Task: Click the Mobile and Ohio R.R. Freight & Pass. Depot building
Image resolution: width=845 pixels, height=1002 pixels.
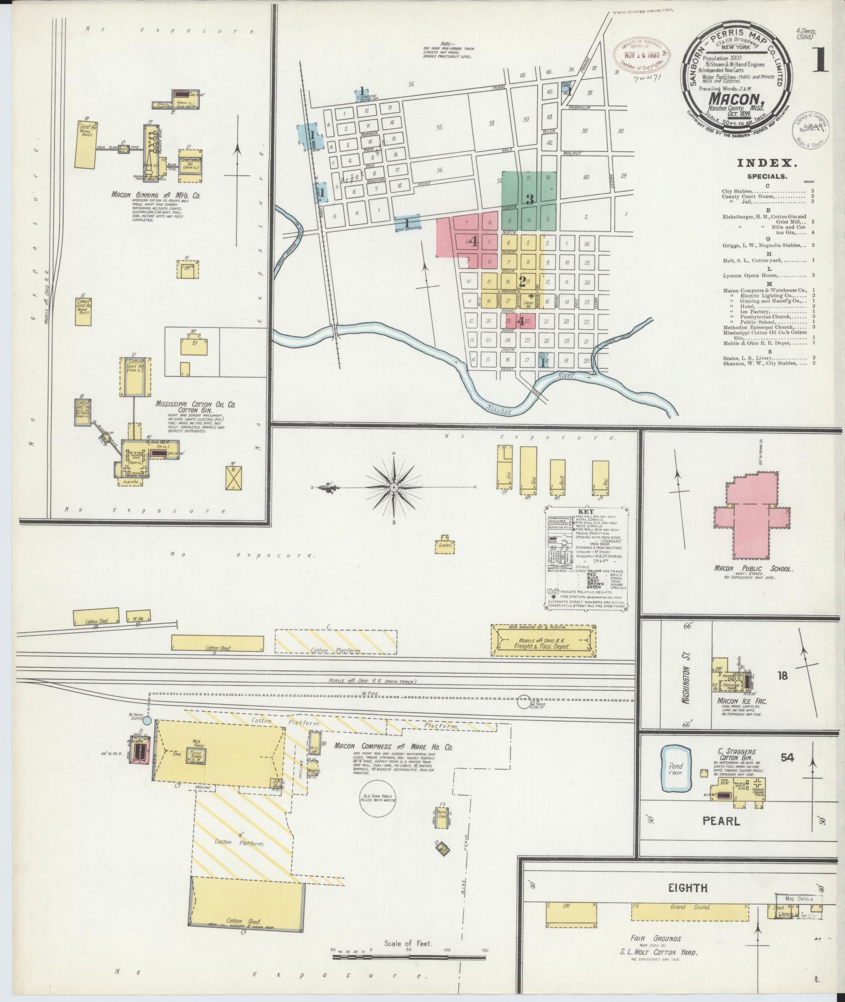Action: [x=543, y=640]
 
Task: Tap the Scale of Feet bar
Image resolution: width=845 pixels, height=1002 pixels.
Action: [x=409, y=956]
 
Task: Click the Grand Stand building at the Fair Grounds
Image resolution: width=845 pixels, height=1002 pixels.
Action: [x=689, y=911]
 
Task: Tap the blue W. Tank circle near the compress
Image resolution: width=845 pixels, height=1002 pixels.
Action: [x=147, y=721]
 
